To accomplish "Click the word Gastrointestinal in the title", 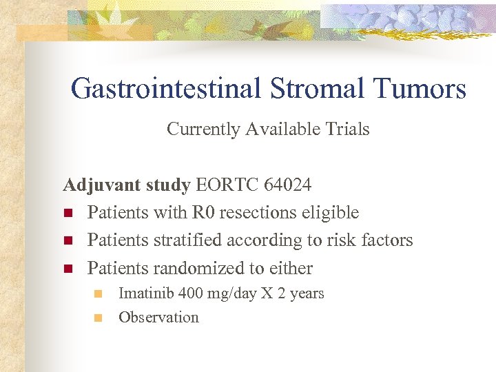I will coord(165,89).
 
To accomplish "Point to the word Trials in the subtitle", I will coord(348,130).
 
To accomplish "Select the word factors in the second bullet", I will coord(384,240).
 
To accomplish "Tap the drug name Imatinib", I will coord(147,293).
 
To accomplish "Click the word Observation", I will coord(158,318).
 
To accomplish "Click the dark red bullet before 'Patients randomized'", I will coord(68,269).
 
